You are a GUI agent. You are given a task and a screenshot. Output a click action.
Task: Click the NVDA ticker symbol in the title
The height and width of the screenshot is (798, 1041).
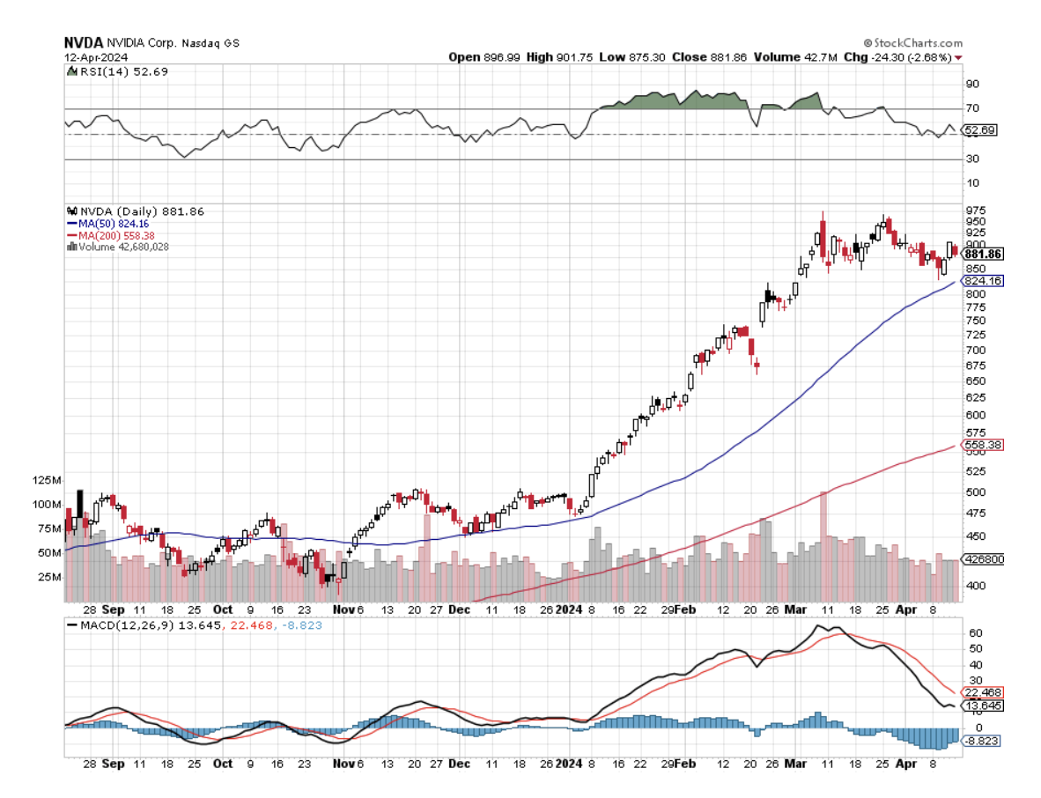pyautogui.click(x=83, y=42)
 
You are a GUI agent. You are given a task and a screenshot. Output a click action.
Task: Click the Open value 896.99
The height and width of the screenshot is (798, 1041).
pyautogui.click(x=502, y=56)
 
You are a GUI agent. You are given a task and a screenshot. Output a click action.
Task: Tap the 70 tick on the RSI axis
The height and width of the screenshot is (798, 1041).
pyautogui.click(x=972, y=108)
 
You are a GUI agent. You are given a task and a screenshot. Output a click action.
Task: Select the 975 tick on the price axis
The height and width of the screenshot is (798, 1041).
pyautogui.click(x=976, y=210)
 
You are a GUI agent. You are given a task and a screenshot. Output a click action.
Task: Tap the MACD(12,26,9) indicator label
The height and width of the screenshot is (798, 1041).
pyautogui.click(x=114, y=624)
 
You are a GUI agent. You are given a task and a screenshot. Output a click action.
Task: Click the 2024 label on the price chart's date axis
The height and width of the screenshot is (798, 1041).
pyautogui.click(x=570, y=610)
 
